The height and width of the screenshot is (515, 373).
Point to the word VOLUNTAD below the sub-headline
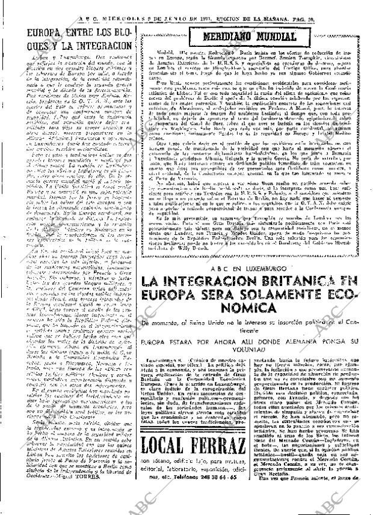pyautogui.click(x=250, y=352)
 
